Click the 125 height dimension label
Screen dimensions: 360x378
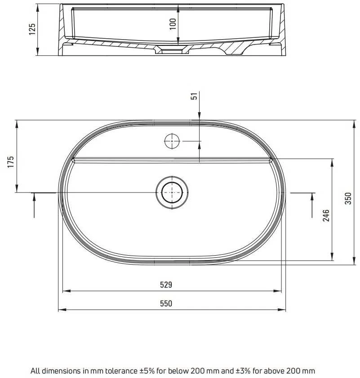pyautogui.click(x=32, y=29)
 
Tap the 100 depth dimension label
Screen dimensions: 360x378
pyautogui.click(x=173, y=24)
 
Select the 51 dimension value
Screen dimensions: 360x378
pyautogui.click(x=195, y=96)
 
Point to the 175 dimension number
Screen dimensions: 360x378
pyautogui.click(x=11, y=162)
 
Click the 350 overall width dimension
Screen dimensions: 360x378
pyautogui.click(x=348, y=198)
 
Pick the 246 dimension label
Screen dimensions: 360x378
pyautogui.click(x=326, y=215)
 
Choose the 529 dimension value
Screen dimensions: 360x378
pyautogui.click(x=166, y=285)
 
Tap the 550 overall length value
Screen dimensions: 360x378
pyautogui.click(x=166, y=303)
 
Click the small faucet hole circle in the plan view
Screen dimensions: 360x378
pyautogui.click(x=172, y=141)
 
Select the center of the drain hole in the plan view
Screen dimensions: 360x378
pyautogui.click(x=172, y=193)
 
